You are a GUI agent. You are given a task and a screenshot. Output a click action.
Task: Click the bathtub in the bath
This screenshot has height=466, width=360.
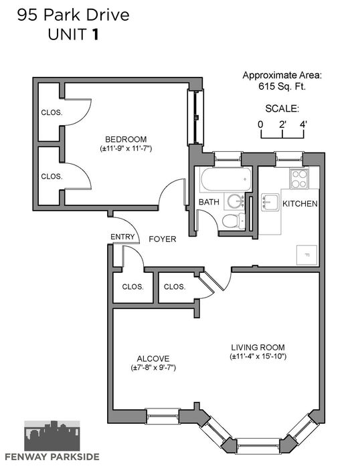226,179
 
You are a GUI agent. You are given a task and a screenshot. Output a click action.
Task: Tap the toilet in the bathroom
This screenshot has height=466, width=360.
234,221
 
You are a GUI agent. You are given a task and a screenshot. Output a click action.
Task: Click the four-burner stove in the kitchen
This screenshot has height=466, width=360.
299,179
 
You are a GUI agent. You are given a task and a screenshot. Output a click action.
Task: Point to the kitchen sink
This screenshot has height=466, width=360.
270,202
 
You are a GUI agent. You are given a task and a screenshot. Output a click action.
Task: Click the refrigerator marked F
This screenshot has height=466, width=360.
306,255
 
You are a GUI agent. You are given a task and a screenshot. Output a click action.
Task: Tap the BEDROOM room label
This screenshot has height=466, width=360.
126,139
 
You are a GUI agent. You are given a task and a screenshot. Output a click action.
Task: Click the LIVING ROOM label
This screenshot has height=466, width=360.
258,347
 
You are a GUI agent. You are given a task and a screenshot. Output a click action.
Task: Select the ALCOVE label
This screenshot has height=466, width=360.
153,358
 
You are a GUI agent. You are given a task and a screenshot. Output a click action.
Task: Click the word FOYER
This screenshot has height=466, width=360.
163,239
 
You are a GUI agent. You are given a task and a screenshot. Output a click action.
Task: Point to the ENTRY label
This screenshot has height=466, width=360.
122,237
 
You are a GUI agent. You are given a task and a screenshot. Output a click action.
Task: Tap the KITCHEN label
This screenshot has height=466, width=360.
300,203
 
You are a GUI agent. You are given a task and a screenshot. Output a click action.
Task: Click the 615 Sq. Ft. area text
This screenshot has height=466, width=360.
282,86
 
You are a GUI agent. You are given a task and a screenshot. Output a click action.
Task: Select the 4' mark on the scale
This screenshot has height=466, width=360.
303,124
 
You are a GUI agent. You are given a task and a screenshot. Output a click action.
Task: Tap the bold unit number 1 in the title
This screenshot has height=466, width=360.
95,35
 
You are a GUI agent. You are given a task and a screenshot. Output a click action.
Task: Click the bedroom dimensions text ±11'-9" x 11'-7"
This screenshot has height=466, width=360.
126,148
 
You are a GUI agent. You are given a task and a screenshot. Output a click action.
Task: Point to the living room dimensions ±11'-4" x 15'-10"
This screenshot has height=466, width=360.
258,356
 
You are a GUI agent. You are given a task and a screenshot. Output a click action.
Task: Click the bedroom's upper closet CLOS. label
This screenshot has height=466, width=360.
52,112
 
